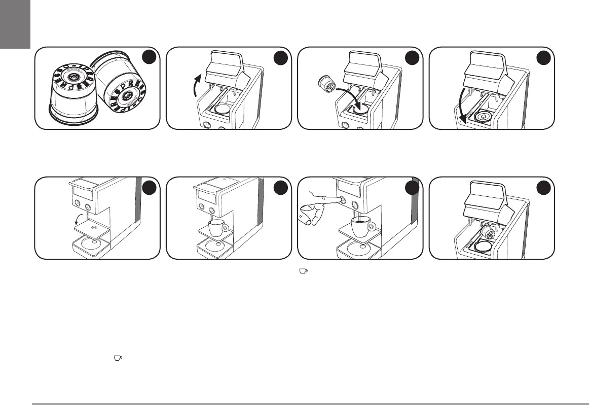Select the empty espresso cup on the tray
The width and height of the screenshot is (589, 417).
pyautogui.click(x=217, y=227)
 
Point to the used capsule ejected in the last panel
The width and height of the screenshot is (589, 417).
pyautogui.click(x=488, y=233)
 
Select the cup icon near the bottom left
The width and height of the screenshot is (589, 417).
pyautogui.click(x=118, y=358)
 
